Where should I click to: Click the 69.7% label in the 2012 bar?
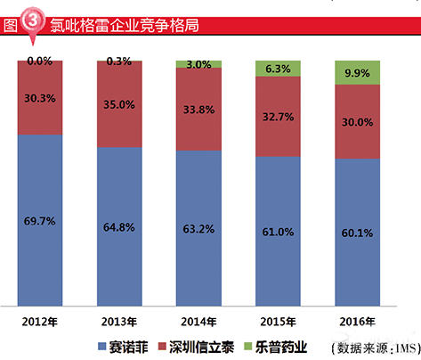tap(40, 218)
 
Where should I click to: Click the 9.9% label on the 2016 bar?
tap(358, 72)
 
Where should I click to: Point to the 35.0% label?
tap(119, 103)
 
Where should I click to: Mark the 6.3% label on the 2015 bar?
tap(278, 69)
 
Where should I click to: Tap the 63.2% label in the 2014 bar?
tap(198, 228)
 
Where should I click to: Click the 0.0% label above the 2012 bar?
tap(40, 61)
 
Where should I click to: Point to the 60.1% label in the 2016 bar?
tap(358, 233)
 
